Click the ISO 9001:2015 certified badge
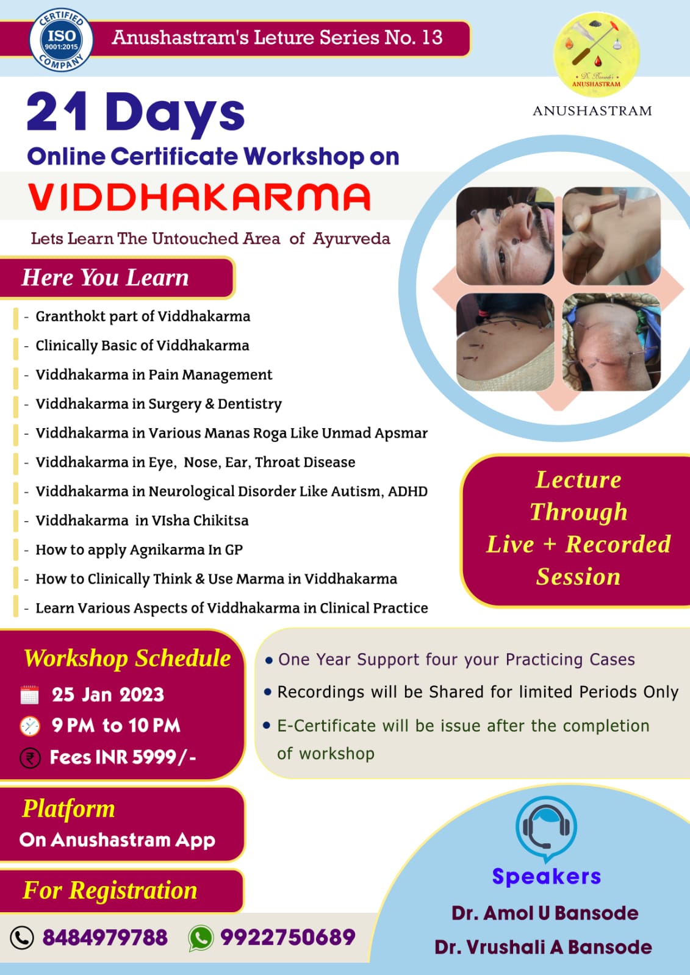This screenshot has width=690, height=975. (61, 40)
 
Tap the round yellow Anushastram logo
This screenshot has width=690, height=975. (596, 54)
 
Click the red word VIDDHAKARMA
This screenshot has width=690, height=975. (199, 197)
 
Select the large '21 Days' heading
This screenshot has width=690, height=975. (135, 113)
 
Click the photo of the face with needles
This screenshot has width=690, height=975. (505, 236)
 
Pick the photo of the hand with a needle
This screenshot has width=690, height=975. (611, 236)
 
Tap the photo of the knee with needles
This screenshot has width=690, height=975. (611, 341)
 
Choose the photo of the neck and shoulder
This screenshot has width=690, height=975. (505, 341)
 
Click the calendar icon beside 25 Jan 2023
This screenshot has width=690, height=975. (30, 695)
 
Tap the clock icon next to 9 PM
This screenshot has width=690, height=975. (30, 726)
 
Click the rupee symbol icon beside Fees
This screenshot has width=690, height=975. (30, 759)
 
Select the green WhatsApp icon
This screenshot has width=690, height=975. (201, 938)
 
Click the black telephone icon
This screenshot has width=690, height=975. (22, 938)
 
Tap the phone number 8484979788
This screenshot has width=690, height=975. (105, 938)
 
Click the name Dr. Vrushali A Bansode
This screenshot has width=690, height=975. (543, 947)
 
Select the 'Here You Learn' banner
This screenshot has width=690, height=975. (117, 277)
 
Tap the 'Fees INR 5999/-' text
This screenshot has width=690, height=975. (123, 758)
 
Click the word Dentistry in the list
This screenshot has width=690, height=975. (250, 404)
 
